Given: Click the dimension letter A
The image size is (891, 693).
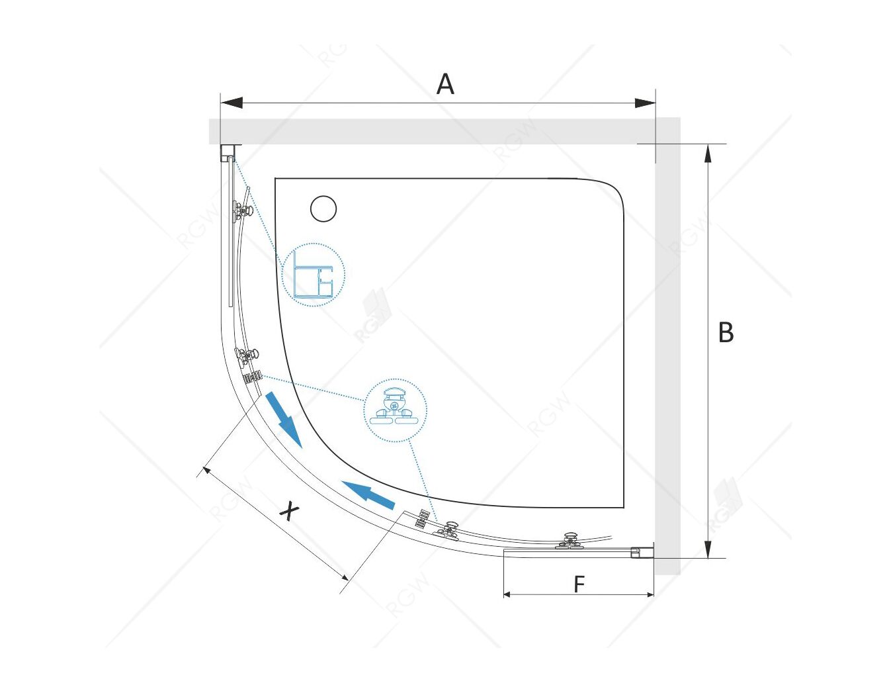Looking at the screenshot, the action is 445,85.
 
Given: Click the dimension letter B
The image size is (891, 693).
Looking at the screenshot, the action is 726,333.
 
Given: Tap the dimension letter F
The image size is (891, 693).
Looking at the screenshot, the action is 579,584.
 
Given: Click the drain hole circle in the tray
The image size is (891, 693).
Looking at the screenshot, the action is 323,209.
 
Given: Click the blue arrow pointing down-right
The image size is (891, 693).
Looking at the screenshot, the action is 284,420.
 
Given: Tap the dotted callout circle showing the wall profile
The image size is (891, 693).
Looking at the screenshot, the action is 314,275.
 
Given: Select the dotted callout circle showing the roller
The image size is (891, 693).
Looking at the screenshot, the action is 396,410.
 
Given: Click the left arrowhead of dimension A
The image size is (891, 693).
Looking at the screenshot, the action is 232,103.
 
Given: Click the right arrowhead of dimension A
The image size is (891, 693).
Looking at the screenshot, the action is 644,103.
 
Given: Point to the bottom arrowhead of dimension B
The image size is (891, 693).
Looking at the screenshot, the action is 708,547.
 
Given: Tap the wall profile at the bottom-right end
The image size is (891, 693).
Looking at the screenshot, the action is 642,552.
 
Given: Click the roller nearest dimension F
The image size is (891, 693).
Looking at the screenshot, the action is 570,541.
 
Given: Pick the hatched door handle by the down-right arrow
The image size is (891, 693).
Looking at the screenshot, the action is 252,377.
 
